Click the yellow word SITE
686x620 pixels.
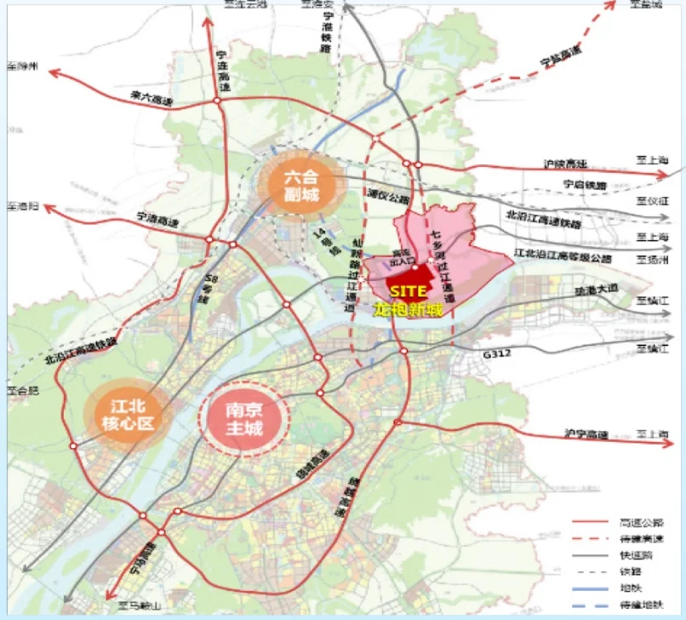(x=409, y=291)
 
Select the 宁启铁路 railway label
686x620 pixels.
(x=583, y=183)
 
